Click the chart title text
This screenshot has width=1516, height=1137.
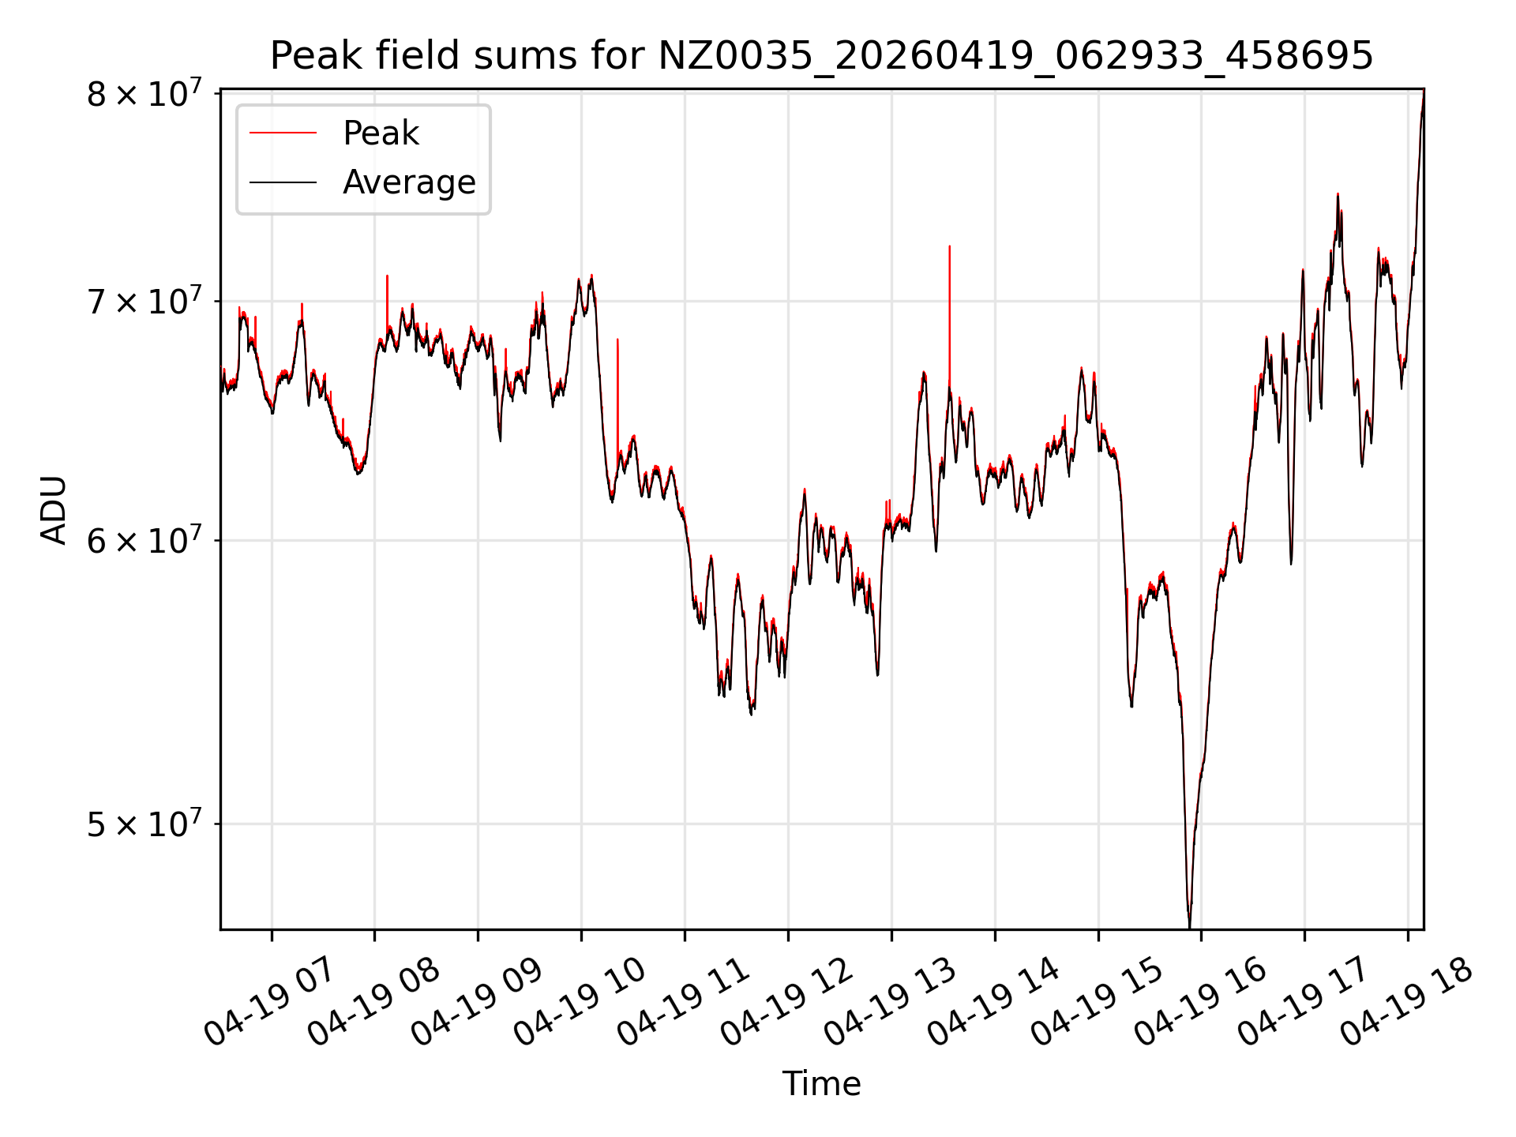(821, 56)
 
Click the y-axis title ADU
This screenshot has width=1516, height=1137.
(54, 509)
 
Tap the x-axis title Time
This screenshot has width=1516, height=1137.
(821, 1083)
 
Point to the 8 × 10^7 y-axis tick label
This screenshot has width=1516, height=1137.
(144, 93)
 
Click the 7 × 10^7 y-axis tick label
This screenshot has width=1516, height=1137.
(144, 301)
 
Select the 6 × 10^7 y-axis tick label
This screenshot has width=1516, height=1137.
(144, 541)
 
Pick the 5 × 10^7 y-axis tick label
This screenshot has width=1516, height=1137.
(144, 824)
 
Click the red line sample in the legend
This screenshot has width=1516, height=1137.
(283, 133)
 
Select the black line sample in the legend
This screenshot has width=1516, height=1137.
(283, 182)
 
